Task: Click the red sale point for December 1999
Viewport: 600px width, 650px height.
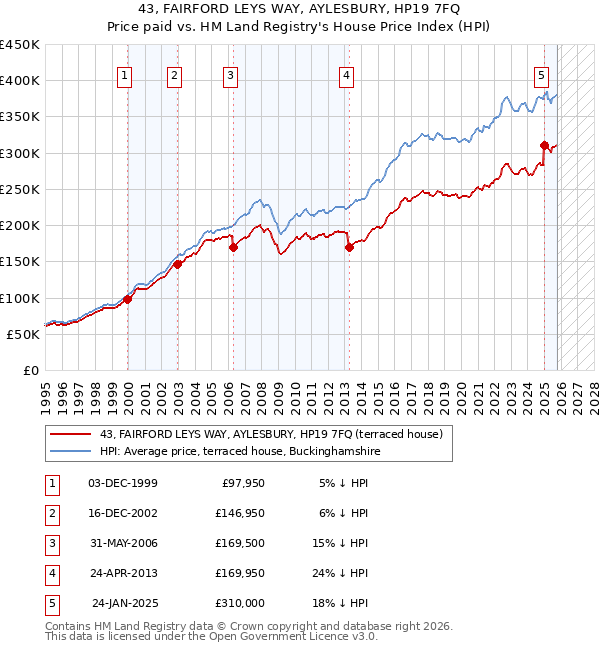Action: point(128,299)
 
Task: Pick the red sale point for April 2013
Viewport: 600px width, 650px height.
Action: point(349,247)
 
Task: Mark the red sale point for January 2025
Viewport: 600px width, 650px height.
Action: point(544,145)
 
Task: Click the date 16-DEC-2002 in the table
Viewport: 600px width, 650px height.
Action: point(123,513)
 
